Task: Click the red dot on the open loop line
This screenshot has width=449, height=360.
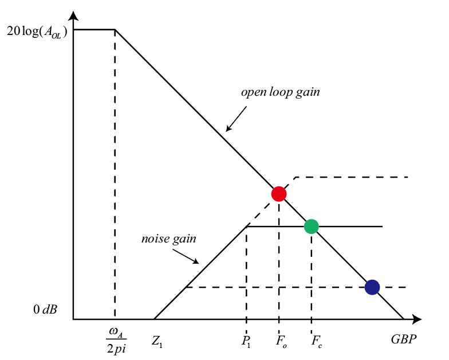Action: (x=278, y=194)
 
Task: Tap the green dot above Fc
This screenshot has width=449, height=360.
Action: (x=311, y=226)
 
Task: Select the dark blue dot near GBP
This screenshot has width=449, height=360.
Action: (x=372, y=287)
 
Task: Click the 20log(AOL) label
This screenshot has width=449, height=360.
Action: (x=36, y=32)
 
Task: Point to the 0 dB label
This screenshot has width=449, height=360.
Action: (x=44, y=310)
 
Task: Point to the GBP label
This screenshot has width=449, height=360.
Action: (x=404, y=339)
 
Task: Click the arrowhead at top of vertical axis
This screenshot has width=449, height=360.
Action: (x=73, y=13)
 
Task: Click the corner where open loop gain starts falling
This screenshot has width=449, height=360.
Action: (x=115, y=29)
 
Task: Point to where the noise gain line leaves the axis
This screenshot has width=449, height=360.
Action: (x=154, y=319)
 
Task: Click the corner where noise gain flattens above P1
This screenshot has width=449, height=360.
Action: (x=246, y=226)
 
